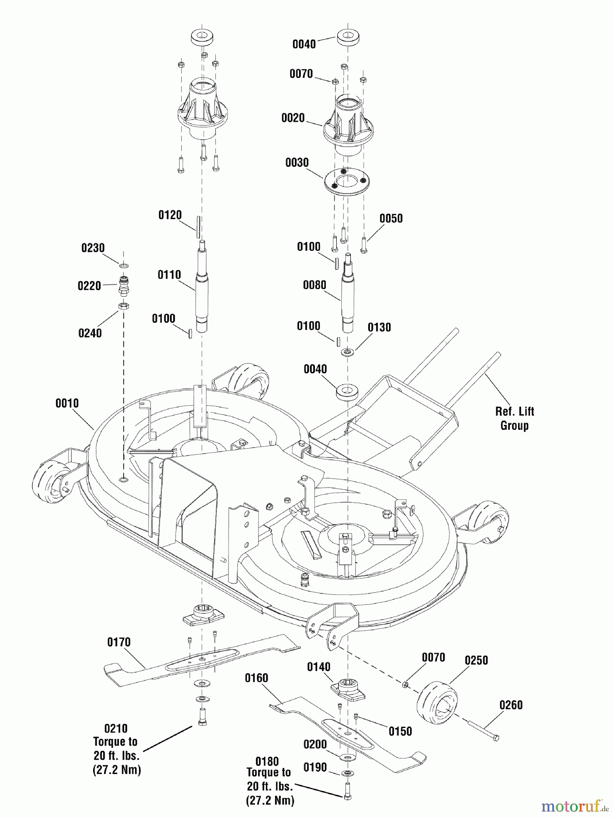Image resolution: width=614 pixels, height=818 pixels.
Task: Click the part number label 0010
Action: point(67,404)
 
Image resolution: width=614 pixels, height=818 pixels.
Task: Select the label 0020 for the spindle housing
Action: point(293,118)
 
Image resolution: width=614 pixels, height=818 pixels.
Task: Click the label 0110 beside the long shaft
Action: point(169,275)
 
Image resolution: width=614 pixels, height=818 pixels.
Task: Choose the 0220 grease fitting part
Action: point(123,285)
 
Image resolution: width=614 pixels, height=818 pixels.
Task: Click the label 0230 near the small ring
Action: point(93,248)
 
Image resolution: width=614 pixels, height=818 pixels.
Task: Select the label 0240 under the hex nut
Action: point(90,333)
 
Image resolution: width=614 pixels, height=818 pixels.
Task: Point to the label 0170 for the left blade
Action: point(119,642)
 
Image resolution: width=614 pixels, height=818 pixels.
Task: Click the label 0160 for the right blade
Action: point(256,678)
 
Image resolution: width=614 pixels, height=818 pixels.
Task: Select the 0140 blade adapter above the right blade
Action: point(348,688)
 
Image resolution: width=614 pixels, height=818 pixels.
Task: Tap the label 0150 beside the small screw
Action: point(400,731)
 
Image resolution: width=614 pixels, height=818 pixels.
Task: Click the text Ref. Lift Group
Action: point(514,419)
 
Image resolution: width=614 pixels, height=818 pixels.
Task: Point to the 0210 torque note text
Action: point(116,749)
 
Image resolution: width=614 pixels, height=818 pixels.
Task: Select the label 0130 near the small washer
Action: point(379,328)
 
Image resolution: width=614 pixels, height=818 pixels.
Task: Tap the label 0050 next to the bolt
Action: point(391,219)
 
